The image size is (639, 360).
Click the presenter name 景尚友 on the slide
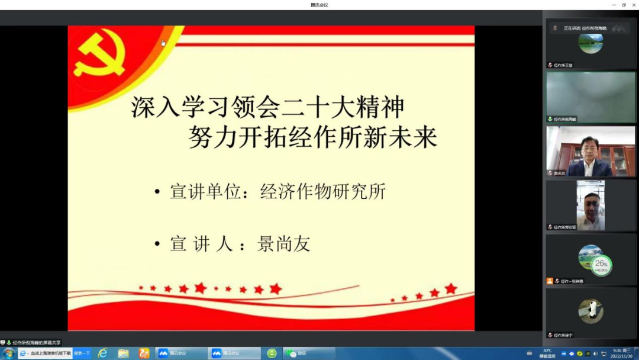tap(283, 243)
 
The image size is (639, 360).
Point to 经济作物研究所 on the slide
tap(322, 192)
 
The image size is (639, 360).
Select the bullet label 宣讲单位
tap(204, 192)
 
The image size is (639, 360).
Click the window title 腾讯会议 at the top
tap(319, 5)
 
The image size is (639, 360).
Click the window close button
tap(632, 5)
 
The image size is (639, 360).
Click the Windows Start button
tap(8, 353)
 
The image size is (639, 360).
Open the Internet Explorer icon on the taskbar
tap(102, 353)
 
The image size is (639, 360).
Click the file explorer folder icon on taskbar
tap(123, 353)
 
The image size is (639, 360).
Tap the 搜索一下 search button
tap(82, 353)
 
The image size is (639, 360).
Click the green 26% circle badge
tap(602, 265)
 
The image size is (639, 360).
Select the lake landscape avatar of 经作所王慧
tap(590, 43)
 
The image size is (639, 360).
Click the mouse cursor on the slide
tap(163, 43)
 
